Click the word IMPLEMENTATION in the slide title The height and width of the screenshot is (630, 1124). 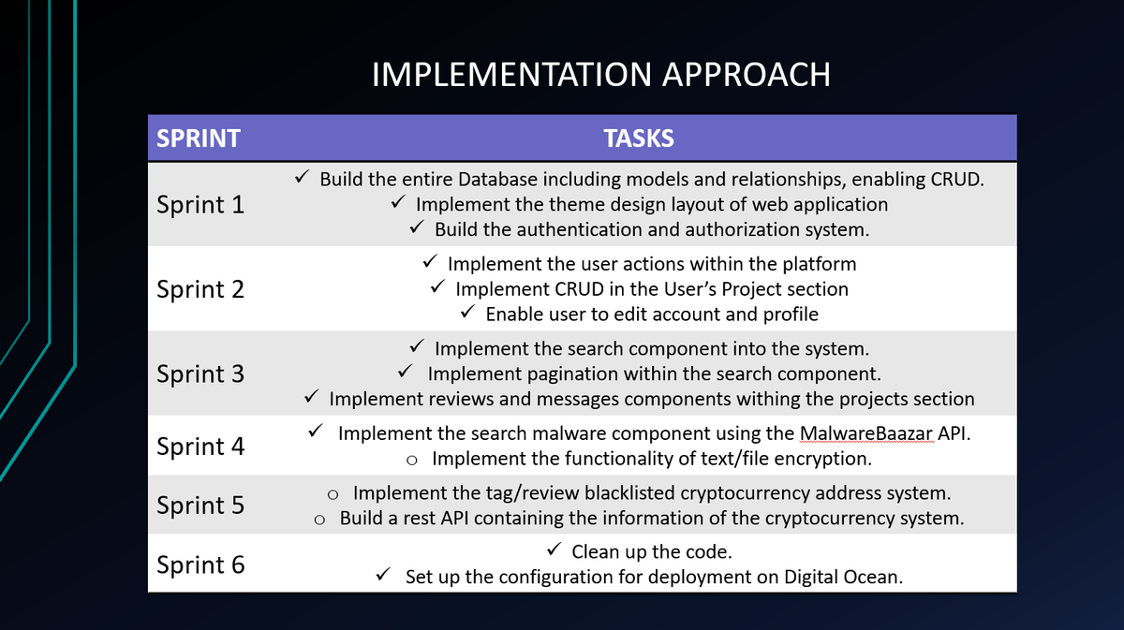511,75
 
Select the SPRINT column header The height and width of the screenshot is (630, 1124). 199,138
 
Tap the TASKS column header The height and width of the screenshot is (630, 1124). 639,138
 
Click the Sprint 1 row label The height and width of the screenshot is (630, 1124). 200,205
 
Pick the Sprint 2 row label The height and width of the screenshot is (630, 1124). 200,289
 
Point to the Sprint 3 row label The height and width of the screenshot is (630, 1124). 200,374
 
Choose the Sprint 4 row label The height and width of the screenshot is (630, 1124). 200,447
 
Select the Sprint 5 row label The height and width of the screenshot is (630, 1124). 200,505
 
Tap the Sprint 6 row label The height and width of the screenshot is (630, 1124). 200,564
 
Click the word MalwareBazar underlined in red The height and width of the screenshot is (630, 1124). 866,433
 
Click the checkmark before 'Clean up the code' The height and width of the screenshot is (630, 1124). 554,549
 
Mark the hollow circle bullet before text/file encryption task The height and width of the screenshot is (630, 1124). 412,461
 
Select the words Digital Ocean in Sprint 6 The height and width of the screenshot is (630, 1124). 840,578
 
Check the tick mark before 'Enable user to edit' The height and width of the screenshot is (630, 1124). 467,311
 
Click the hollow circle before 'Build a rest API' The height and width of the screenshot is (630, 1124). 319,520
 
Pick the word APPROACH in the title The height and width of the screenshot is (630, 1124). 747,75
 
